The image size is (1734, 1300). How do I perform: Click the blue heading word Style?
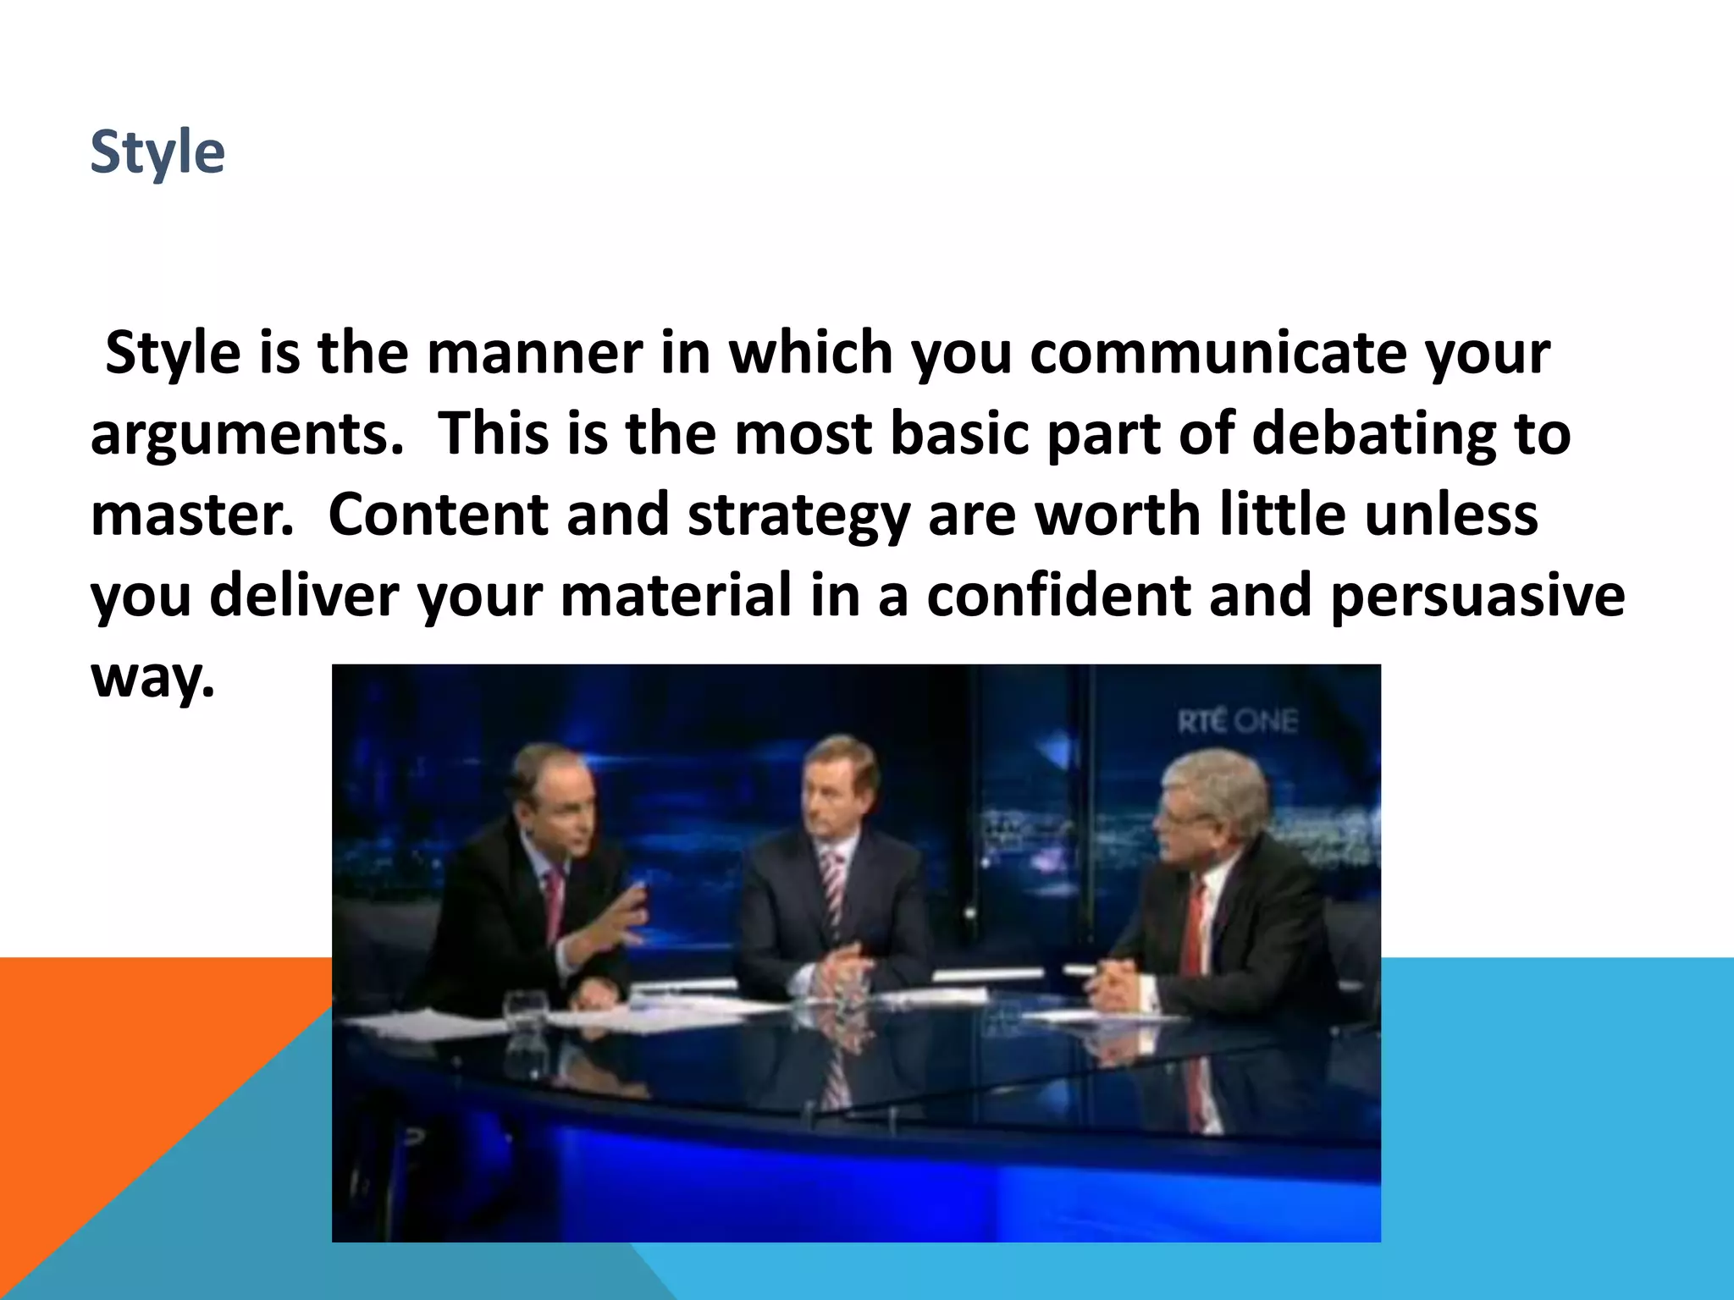click(157, 152)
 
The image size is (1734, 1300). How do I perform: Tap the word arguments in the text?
click(246, 433)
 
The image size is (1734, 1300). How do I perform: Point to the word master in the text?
click(191, 515)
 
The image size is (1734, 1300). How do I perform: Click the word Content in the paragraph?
click(438, 515)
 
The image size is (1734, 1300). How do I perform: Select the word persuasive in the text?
click(1477, 595)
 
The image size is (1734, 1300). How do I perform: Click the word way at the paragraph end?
click(152, 677)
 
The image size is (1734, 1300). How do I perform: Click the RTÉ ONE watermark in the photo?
click(1237, 722)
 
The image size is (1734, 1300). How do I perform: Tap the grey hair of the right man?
click(1219, 779)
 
